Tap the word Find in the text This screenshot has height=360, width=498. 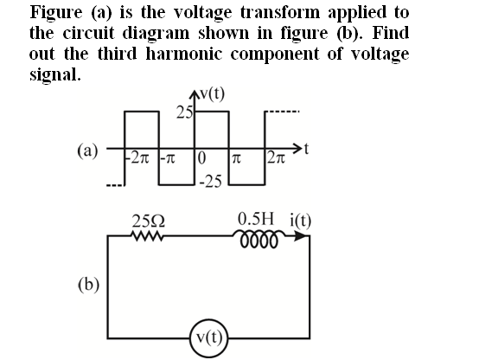(x=390, y=33)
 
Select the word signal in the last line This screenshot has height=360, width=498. (x=54, y=74)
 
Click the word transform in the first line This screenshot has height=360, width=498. (x=281, y=12)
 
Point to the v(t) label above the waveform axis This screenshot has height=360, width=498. (x=212, y=93)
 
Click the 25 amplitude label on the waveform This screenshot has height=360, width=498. (x=184, y=112)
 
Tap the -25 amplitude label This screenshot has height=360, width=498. (x=211, y=182)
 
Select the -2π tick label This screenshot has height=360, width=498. (x=137, y=157)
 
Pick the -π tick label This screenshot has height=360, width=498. (x=168, y=158)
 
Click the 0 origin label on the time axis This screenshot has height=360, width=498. (x=201, y=157)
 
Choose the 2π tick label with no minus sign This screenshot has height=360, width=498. (x=276, y=157)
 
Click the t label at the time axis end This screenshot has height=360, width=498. (x=306, y=149)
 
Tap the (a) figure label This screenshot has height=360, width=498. (x=87, y=151)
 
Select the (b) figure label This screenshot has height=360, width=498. (x=88, y=285)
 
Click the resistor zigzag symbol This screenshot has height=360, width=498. (x=146, y=236)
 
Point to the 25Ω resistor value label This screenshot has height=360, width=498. (x=149, y=222)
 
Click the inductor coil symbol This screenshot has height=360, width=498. (x=259, y=239)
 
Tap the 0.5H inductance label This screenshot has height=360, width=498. (x=256, y=218)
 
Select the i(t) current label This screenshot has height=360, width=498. (x=301, y=221)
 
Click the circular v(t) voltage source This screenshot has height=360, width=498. (x=209, y=338)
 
